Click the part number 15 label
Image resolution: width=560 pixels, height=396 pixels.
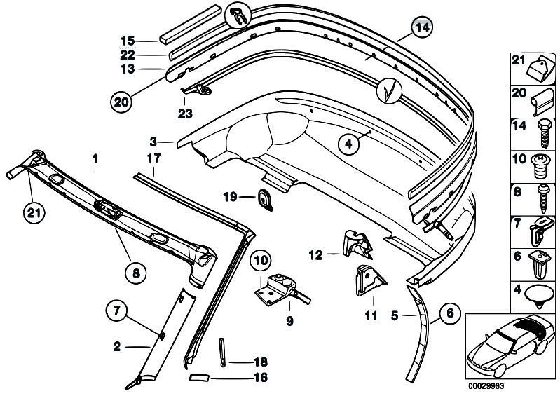(128, 41)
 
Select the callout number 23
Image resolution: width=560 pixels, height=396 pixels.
(185, 114)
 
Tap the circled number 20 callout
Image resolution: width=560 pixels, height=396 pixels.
(121, 102)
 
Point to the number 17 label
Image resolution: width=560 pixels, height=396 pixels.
(153, 158)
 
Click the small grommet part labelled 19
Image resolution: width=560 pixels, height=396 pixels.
(265, 199)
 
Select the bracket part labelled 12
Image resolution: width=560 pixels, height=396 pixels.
(357, 244)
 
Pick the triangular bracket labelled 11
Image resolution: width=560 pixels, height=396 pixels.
(370, 280)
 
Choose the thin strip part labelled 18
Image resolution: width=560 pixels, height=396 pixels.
(222, 352)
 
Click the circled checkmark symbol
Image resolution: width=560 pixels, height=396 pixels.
(390, 90)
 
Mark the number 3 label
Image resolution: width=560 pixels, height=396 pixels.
(153, 142)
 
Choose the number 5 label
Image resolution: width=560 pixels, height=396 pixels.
(395, 315)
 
